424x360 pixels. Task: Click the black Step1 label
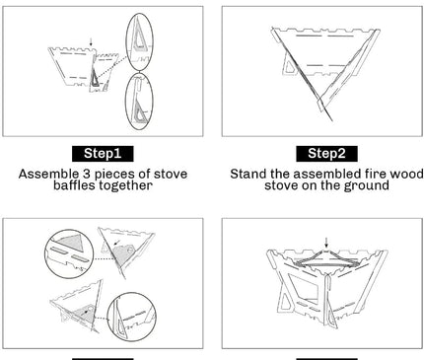(x=103, y=154)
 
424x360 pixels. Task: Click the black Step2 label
(x=326, y=154)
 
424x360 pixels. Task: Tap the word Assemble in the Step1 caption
(x=48, y=174)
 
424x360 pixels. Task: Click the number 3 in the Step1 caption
(x=86, y=174)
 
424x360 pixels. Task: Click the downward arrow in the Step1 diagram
(x=91, y=42)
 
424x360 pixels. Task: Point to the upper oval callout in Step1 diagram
(x=140, y=41)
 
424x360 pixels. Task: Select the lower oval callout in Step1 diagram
(x=139, y=101)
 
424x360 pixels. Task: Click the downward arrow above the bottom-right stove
(x=326, y=243)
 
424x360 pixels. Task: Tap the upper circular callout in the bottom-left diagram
(x=69, y=253)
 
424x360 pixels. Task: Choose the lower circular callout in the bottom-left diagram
(x=132, y=317)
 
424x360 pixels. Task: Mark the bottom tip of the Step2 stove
(x=332, y=120)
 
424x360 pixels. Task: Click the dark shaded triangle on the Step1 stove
(x=95, y=78)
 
